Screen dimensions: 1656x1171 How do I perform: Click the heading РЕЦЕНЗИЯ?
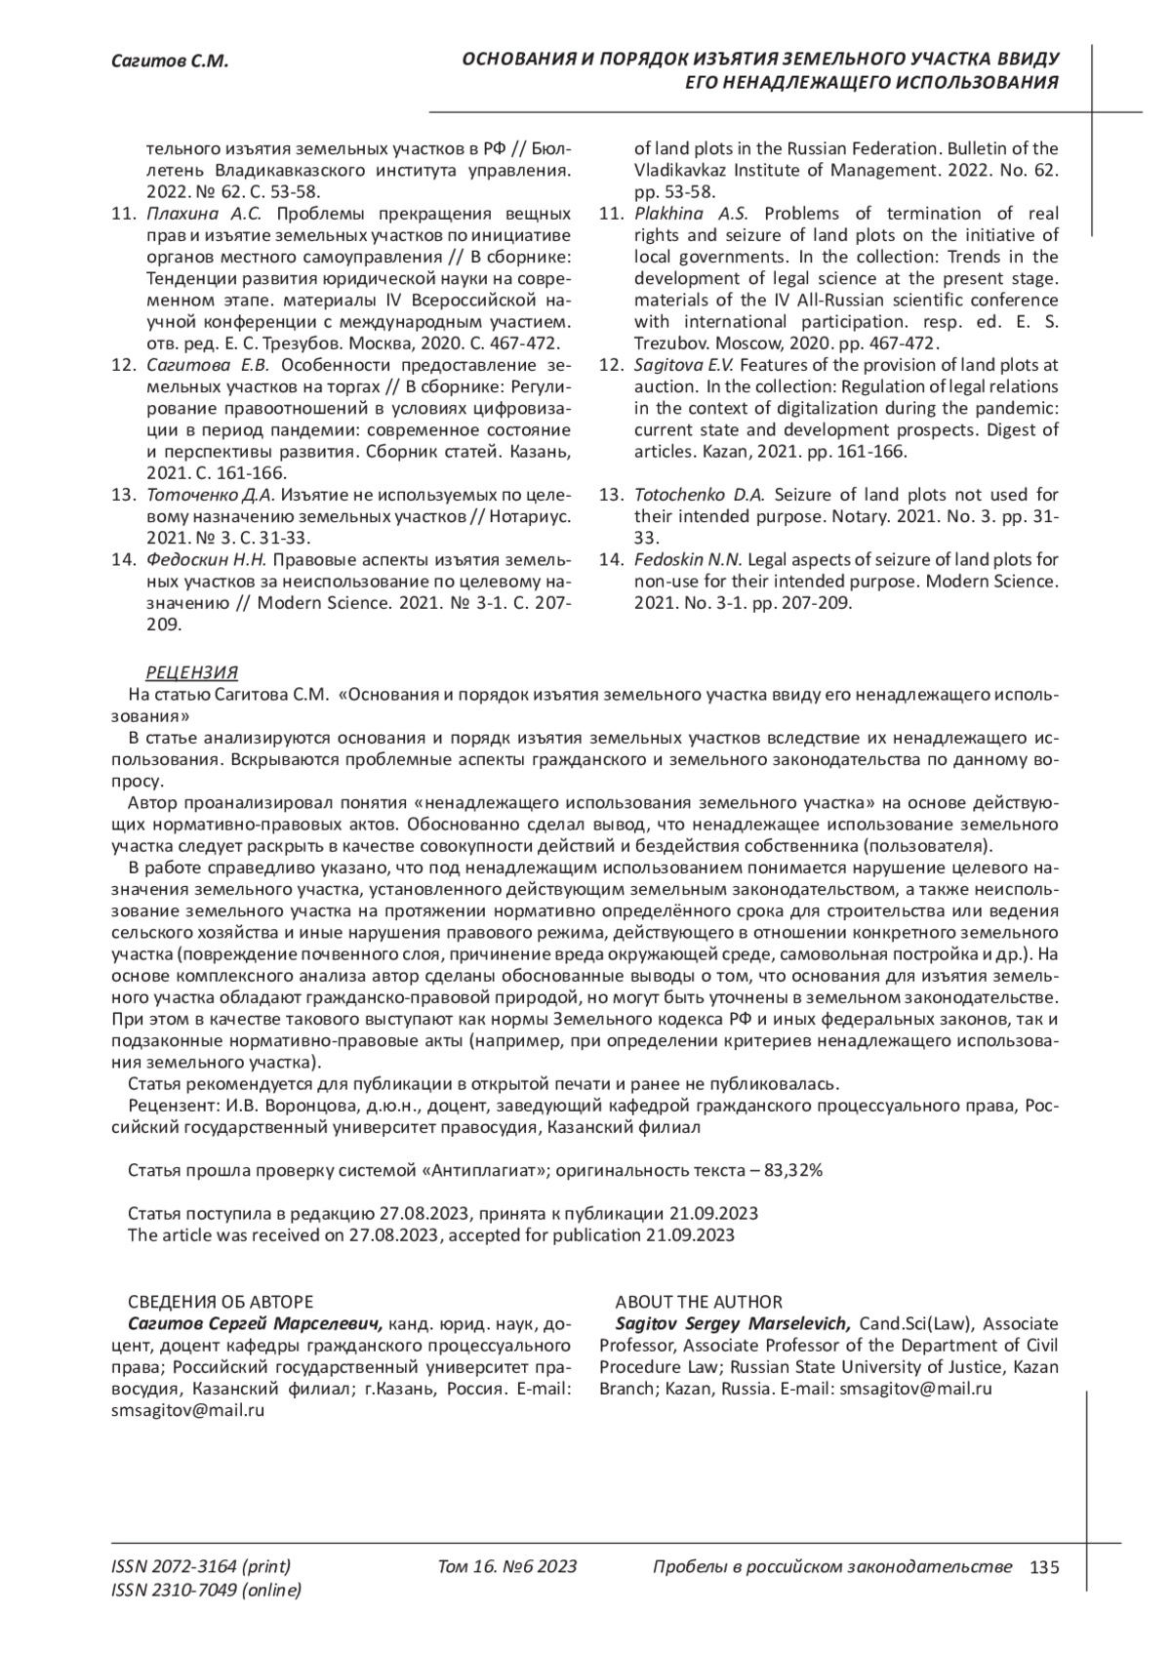191,673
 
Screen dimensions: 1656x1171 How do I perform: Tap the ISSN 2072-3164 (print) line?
202,1567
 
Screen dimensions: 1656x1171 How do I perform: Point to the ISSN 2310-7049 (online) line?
207,1591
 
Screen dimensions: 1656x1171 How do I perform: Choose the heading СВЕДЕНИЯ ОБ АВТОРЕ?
221,1302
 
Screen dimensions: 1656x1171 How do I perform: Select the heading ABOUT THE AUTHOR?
698,1302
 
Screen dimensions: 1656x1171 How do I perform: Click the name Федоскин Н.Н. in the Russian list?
206,560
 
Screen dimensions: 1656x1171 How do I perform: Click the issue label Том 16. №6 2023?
507,1567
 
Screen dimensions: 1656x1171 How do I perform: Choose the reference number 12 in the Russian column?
123,366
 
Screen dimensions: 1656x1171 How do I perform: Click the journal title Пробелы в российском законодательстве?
831,1567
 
